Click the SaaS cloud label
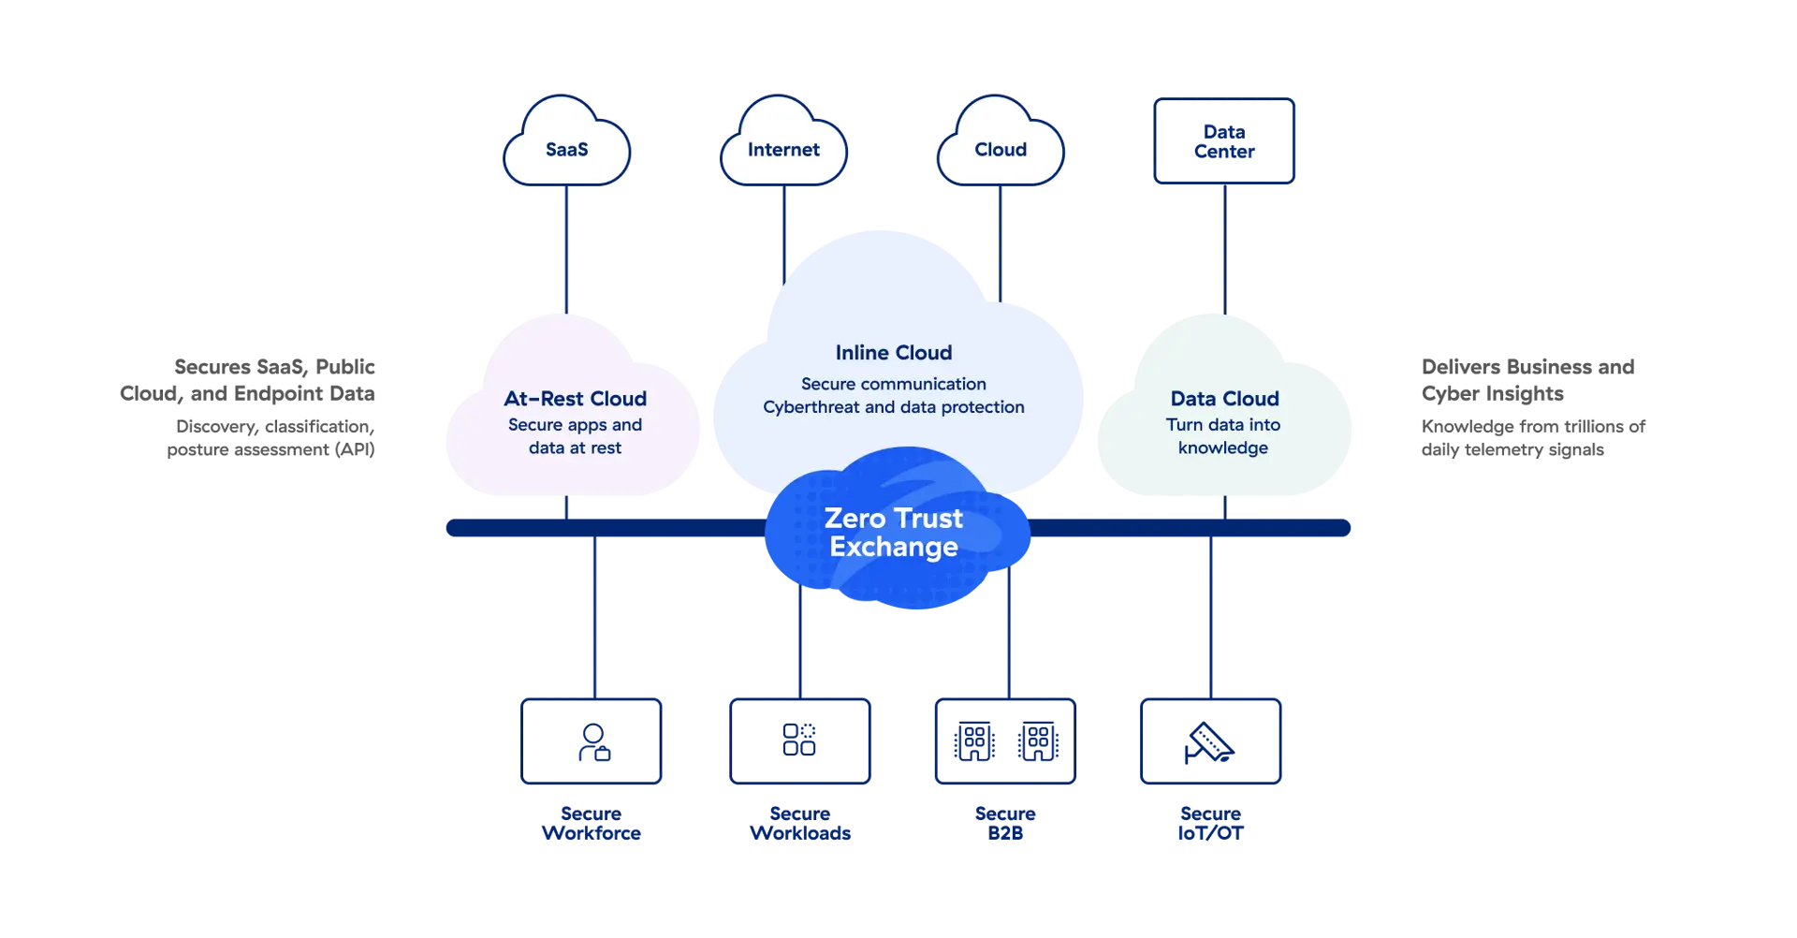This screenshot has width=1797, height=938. click(x=566, y=150)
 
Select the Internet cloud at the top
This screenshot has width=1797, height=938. click(x=783, y=145)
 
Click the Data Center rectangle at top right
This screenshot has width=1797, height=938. click(x=1224, y=141)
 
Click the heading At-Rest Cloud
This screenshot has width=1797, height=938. click(x=575, y=399)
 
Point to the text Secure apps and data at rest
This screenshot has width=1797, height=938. click(x=575, y=436)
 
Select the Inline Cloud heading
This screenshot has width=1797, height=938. click(x=893, y=353)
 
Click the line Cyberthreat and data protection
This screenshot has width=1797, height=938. click(x=893, y=407)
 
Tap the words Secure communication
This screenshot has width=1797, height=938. click(x=893, y=384)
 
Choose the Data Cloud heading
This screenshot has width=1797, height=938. click(x=1224, y=399)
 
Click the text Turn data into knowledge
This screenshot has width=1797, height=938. click(x=1223, y=436)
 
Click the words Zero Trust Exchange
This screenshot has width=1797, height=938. click(x=893, y=532)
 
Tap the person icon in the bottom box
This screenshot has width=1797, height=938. click(x=593, y=741)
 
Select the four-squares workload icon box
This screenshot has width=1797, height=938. click(x=801, y=740)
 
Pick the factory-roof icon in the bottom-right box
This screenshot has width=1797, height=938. click(x=1209, y=743)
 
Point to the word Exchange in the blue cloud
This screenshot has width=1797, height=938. click(x=893, y=547)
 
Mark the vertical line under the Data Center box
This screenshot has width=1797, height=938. click(x=1224, y=248)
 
